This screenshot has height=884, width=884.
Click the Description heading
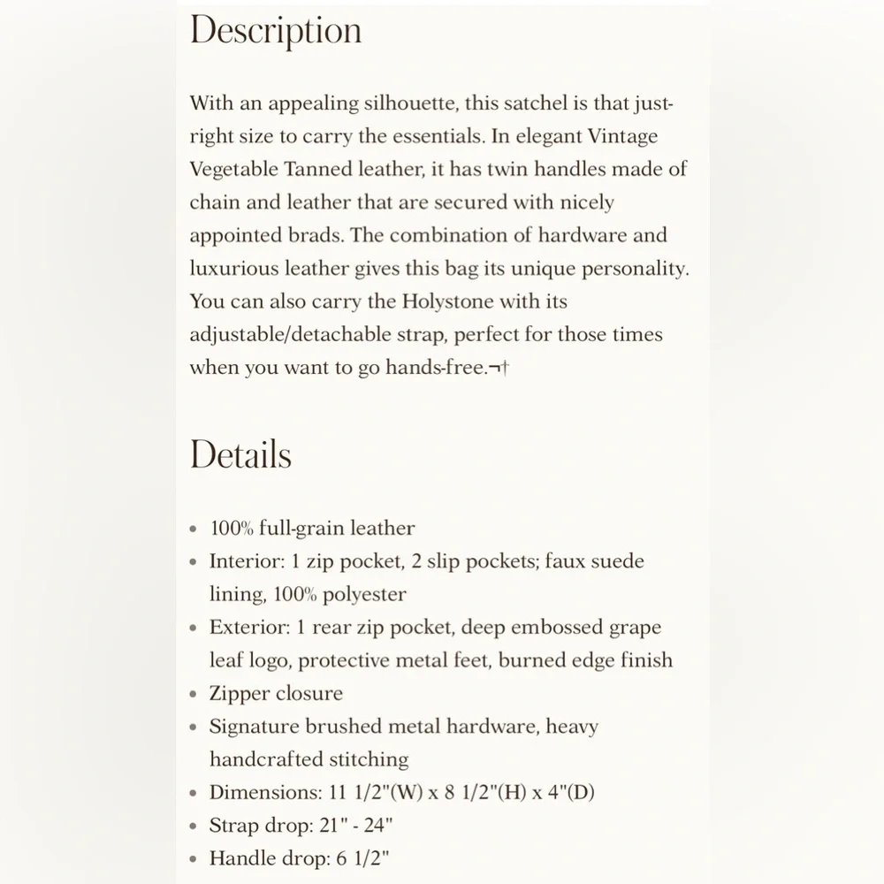coord(275,32)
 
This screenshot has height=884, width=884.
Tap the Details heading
coord(240,454)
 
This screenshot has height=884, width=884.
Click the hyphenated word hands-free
coord(436,368)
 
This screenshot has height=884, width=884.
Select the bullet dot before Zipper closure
coord(194,695)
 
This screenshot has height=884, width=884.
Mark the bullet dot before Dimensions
coord(194,794)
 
